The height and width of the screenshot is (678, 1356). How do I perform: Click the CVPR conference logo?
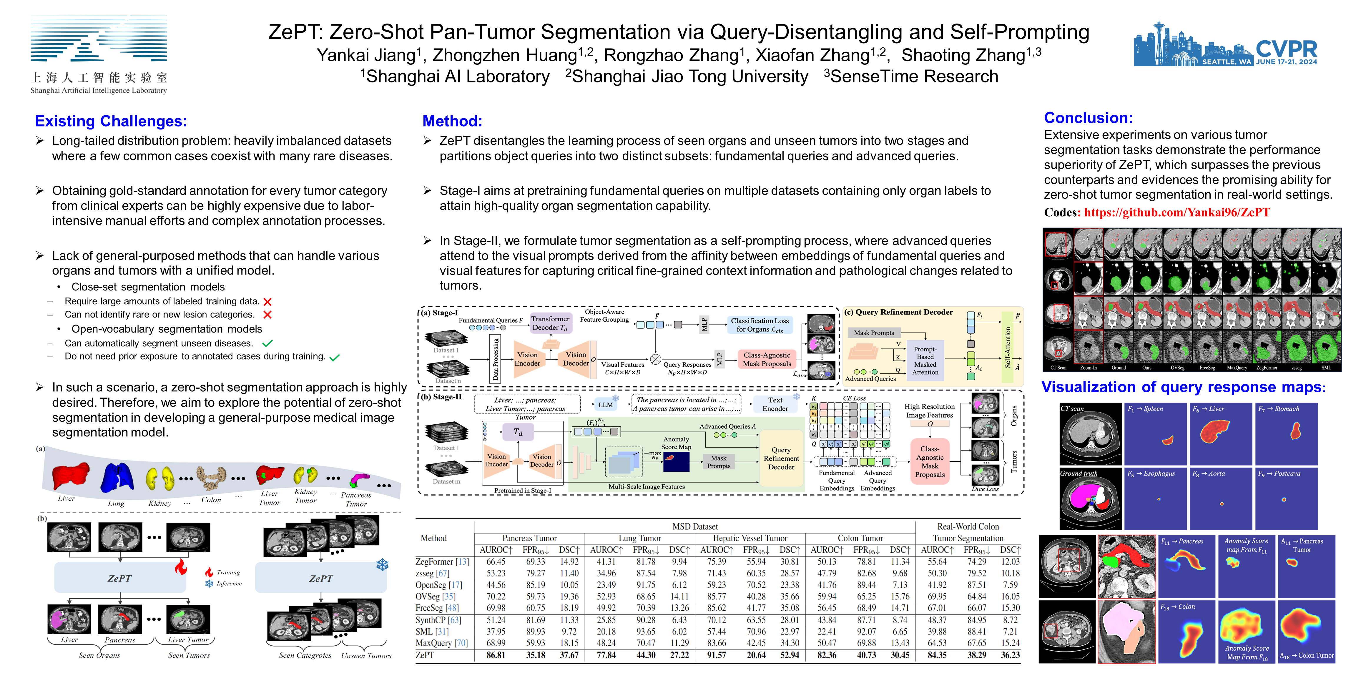point(1225,45)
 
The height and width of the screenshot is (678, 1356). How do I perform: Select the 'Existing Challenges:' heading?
point(111,121)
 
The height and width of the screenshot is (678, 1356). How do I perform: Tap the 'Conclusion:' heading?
point(1088,118)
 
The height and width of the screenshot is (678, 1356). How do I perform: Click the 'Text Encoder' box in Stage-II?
point(775,404)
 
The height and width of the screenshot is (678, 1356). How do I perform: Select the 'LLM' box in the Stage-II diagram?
point(605,405)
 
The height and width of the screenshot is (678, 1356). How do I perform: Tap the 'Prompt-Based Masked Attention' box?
point(925,360)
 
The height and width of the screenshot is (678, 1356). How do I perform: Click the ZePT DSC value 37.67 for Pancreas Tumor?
point(569,655)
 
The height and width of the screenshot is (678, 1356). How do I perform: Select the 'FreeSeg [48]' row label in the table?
point(437,608)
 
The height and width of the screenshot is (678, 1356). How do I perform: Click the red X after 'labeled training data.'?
point(267,302)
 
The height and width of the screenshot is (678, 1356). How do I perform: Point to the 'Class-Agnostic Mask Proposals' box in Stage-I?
point(767,360)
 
